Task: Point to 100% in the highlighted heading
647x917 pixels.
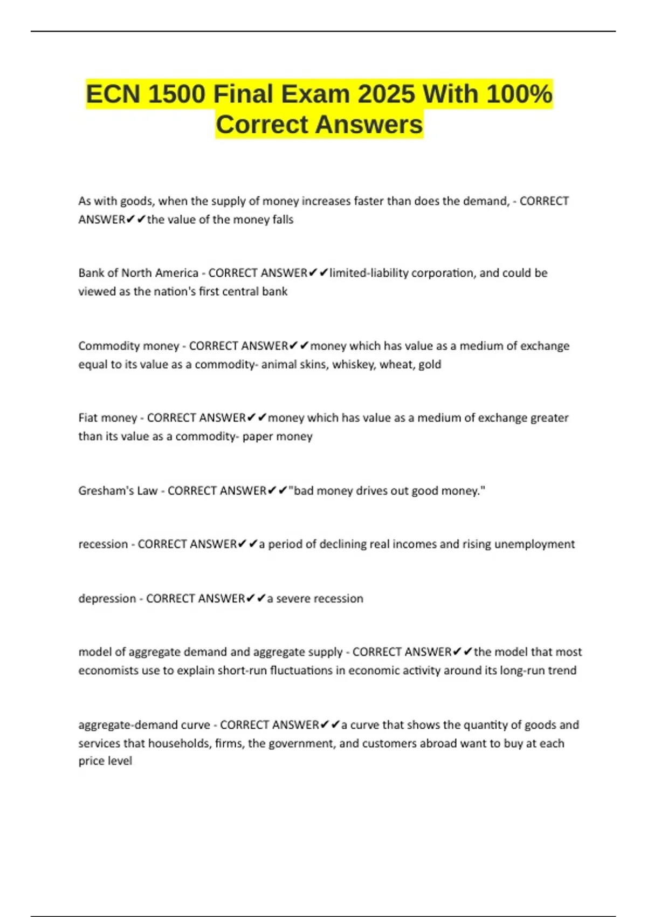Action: pyautogui.click(x=519, y=94)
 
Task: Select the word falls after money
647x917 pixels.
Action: pyautogui.click(x=283, y=220)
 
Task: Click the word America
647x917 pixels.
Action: pyautogui.click(x=177, y=273)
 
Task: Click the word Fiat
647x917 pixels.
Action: pyautogui.click(x=88, y=418)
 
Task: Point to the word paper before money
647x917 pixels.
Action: pyautogui.click(x=257, y=436)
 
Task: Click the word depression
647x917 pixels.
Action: pyautogui.click(x=107, y=599)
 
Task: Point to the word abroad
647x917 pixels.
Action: pyautogui.click(x=438, y=743)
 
